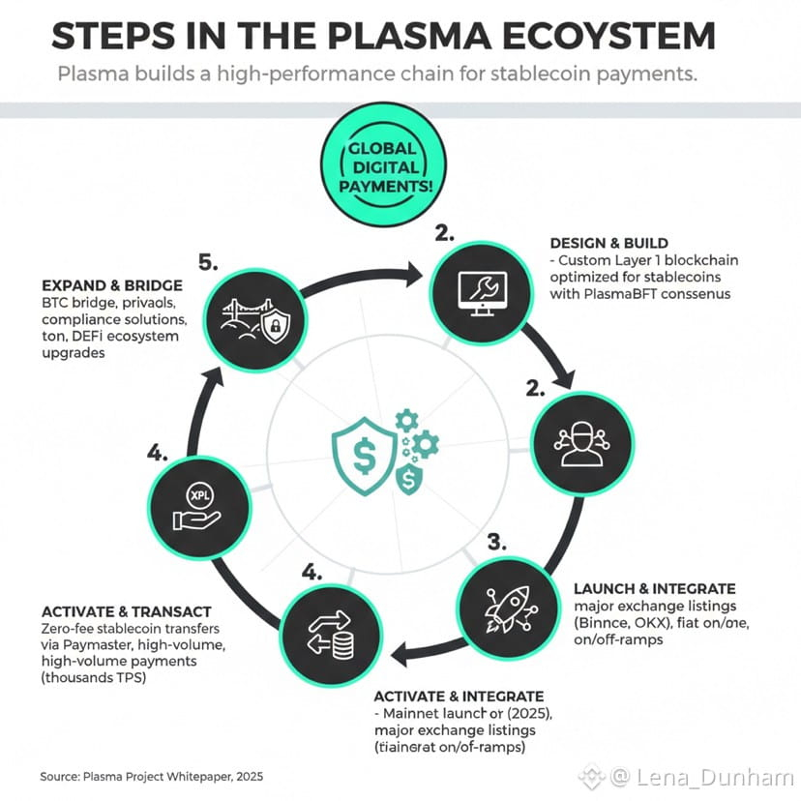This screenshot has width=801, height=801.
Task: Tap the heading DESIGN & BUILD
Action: (608, 243)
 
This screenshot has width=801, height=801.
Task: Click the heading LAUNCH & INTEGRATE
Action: (654, 588)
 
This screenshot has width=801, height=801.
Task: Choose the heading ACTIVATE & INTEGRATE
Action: (459, 697)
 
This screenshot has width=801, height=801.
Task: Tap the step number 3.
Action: (497, 543)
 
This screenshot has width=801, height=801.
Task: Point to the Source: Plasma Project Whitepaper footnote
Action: (151, 776)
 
